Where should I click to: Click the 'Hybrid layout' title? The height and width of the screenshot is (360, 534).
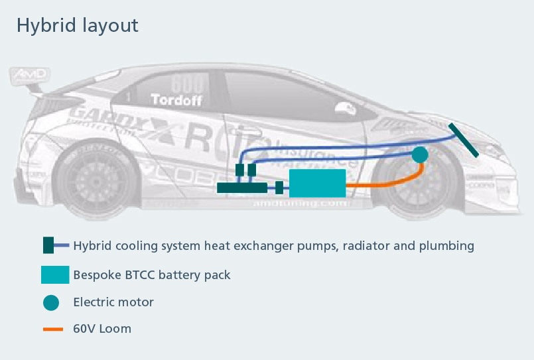pos(78,25)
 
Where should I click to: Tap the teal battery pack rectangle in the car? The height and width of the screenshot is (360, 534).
pos(317,182)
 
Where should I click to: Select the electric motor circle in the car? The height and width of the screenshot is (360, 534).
pos(419,154)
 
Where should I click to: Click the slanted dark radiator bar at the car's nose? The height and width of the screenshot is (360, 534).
pos(464,140)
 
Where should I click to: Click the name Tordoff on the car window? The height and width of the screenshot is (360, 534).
pos(176,101)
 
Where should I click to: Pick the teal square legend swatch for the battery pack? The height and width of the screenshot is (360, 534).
pos(55,274)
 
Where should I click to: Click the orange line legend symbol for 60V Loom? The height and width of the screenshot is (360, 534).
pos(53,329)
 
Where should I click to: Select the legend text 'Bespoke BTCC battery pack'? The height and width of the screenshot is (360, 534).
pos(152,274)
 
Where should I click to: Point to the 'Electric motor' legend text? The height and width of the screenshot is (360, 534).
pos(113,302)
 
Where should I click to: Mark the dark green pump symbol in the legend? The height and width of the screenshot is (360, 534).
pos(48,245)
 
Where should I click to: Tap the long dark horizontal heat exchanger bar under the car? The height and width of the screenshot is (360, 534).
pos(242,188)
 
